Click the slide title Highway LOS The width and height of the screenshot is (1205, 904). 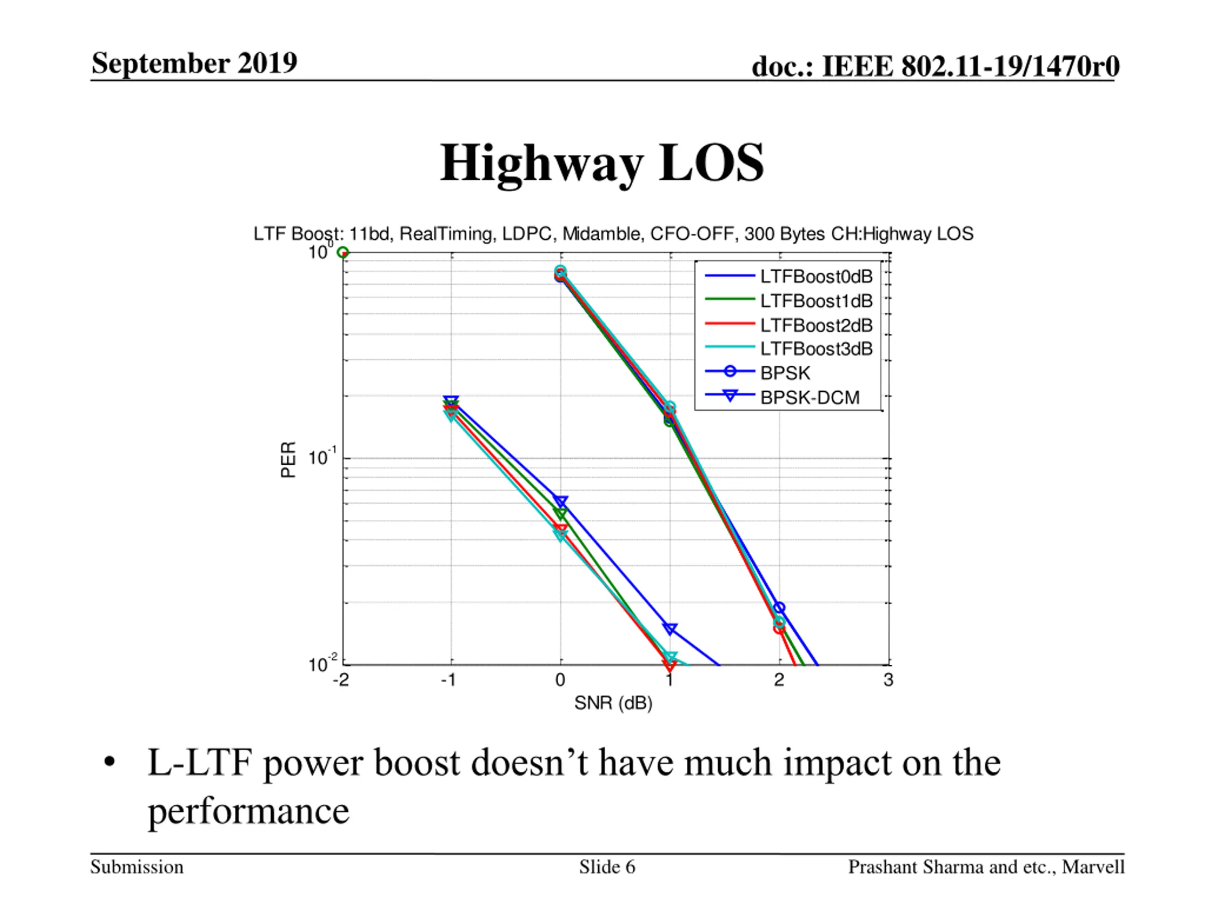point(602,163)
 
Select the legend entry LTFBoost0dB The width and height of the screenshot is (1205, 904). point(816,277)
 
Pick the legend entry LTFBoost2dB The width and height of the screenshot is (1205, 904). point(816,325)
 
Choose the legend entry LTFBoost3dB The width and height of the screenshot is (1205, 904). point(816,349)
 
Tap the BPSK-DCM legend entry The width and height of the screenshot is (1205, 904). point(810,398)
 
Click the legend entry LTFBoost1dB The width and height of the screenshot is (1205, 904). point(816,301)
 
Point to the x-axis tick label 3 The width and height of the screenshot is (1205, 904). point(888,680)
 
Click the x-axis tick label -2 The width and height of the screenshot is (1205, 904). point(340,680)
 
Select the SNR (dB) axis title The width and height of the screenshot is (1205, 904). point(613,703)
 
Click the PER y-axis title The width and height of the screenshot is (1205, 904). point(288,460)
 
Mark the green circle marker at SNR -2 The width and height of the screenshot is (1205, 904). point(343,252)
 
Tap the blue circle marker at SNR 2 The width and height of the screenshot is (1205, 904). point(779,607)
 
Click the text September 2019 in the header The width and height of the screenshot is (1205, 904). point(194,63)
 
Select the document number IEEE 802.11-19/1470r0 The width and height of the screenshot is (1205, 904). point(970,66)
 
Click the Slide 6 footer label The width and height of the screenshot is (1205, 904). point(607,867)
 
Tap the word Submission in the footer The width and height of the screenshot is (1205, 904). point(137,867)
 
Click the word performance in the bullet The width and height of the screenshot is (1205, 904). point(249,811)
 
